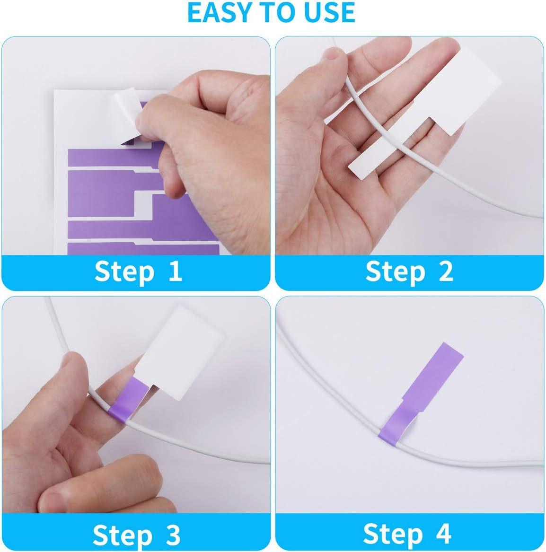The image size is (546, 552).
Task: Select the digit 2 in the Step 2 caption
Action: tap(446, 271)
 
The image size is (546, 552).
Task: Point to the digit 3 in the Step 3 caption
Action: tap(173, 534)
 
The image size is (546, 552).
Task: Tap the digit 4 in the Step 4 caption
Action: tap(443, 534)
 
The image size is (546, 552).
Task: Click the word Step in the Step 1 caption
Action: tap(124, 272)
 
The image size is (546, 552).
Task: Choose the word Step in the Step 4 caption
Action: tap(393, 535)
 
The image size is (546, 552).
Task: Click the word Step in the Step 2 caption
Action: tap(396, 272)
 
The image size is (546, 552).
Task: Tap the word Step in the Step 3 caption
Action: tap(123, 535)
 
